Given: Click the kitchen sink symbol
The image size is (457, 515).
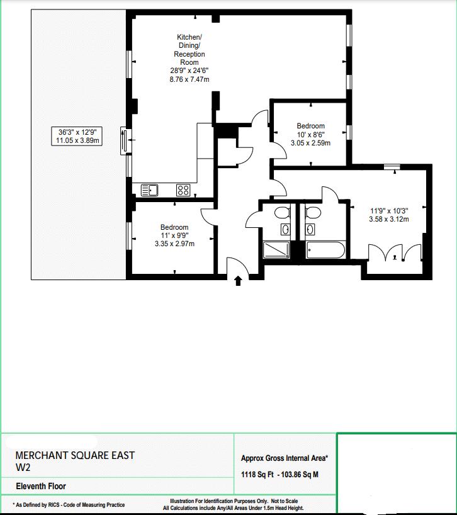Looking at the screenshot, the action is (149, 190).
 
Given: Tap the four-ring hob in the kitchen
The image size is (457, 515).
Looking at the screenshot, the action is (183, 190).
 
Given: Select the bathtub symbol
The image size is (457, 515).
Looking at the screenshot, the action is (325, 250).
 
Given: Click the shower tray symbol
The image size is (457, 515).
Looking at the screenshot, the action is (276, 250).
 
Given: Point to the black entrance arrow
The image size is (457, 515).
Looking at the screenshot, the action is (239, 281).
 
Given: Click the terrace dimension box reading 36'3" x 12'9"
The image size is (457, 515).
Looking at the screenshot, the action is (77, 136).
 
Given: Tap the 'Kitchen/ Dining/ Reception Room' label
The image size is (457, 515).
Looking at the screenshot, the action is (189, 50).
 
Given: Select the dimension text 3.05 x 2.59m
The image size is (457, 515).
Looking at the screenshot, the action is (310, 143).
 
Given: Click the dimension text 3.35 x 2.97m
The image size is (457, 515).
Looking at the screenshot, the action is (174, 244).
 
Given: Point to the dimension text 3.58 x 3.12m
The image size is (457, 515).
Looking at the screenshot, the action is (389, 219).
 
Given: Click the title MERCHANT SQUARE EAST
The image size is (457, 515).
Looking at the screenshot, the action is (75, 456).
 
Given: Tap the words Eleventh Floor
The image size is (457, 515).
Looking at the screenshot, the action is (41, 486).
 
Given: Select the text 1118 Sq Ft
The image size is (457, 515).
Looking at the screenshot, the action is (257, 475).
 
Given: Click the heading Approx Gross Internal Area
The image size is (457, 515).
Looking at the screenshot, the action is (285, 458).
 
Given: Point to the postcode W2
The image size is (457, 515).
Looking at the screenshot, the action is (23, 467).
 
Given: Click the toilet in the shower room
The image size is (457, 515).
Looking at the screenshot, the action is (283, 212).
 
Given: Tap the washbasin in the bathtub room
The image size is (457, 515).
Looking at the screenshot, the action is (310, 229).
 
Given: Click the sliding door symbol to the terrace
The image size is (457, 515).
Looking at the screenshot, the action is (124, 140).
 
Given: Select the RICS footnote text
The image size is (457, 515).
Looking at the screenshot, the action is (69, 505).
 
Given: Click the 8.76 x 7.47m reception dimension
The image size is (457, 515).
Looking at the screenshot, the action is (189, 79).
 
